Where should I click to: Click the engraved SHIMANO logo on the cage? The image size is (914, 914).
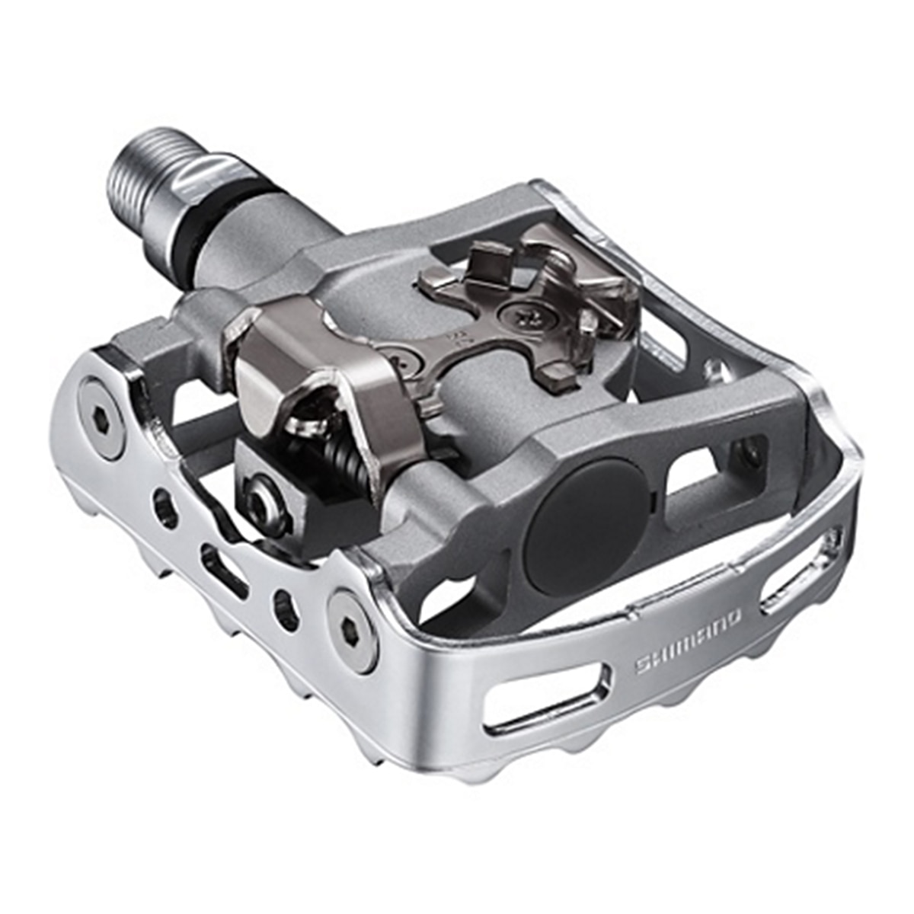tap(688, 641)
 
